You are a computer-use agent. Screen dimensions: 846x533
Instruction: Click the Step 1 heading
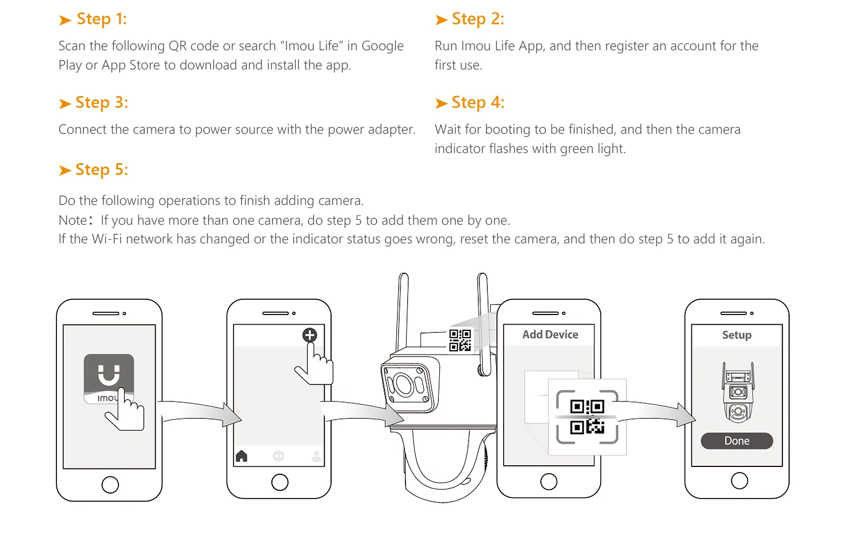pyautogui.click(x=93, y=19)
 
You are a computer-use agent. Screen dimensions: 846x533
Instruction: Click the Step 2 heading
pyautogui.click(x=469, y=19)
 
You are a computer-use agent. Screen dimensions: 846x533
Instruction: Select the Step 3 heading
pyautogui.click(x=93, y=103)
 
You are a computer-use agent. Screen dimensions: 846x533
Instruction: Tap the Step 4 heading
pyautogui.click(x=469, y=103)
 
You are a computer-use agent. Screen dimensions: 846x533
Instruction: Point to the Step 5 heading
pyautogui.click(x=93, y=170)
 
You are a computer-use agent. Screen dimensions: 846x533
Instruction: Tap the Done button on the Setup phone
pyautogui.click(x=737, y=441)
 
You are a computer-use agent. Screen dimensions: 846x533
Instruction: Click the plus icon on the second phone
pyautogui.click(x=310, y=335)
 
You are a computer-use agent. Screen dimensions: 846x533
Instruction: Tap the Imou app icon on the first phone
pyautogui.click(x=109, y=379)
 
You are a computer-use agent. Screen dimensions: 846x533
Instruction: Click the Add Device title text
pyautogui.click(x=550, y=335)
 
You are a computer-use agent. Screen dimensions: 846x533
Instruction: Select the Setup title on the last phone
pyautogui.click(x=737, y=335)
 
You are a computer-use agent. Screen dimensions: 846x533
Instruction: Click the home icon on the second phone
pyautogui.click(x=241, y=456)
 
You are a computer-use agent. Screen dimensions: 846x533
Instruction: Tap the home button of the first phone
pyautogui.click(x=110, y=484)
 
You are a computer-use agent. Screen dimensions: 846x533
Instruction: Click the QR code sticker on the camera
pyautogui.click(x=460, y=340)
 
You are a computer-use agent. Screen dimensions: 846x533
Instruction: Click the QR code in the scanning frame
pyautogui.click(x=587, y=417)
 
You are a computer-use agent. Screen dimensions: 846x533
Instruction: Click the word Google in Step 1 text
pyautogui.click(x=382, y=46)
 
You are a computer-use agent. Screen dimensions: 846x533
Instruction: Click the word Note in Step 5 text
pyautogui.click(x=73, y=220)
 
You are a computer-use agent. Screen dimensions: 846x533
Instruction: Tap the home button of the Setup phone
pyautogui.click(x=739, y=481)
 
